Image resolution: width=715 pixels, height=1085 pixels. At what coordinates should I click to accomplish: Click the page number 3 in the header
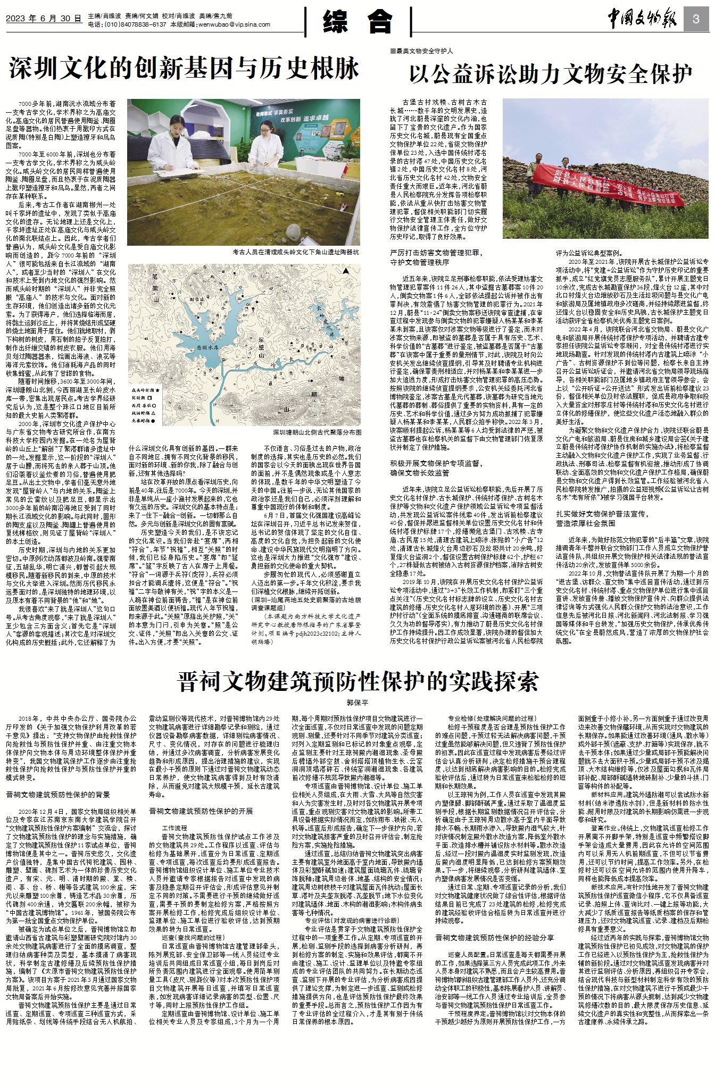(x=696, y=19)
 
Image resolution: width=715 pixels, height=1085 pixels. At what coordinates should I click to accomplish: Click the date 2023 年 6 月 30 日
(x=44, y=18)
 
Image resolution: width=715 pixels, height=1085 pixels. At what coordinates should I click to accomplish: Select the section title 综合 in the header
(x=358, y=21)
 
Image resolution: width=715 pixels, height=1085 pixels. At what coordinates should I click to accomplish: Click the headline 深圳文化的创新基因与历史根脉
(x=184, y=69)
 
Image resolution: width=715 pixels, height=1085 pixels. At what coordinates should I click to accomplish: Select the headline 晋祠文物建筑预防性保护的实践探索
(x=358, y=681)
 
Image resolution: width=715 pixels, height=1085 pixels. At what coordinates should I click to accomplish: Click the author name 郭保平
(x=358, y=703)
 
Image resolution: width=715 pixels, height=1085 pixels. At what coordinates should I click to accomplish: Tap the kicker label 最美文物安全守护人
(x=423, y=51)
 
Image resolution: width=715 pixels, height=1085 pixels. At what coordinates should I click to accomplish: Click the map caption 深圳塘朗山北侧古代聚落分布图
(x=317, y=432)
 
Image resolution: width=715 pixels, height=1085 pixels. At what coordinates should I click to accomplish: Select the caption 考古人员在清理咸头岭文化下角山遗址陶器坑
(x=295, y=252)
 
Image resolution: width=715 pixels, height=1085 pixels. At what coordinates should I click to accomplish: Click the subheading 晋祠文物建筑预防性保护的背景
(x=58, y=795)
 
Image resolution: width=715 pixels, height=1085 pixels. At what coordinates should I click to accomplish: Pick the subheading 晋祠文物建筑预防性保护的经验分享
(x=494, y=938)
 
